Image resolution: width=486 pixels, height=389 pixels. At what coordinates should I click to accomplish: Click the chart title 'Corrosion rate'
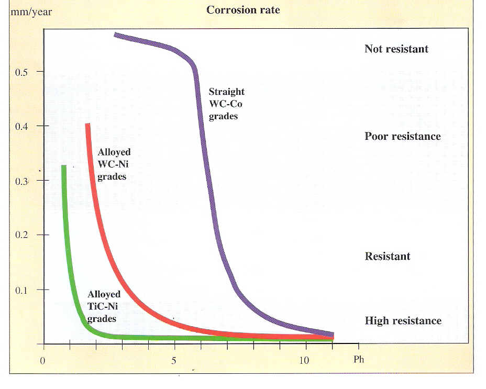[242, 10]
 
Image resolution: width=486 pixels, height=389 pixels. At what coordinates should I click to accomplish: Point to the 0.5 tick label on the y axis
[22, 71]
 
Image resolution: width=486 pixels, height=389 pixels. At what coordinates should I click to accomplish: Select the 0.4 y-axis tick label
[22, 126]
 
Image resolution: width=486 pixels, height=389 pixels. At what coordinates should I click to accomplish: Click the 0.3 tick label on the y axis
[22, 181]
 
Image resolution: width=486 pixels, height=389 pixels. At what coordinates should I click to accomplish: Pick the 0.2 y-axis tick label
[22, 235]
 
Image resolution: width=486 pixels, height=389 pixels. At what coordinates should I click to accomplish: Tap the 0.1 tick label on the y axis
[22, 290]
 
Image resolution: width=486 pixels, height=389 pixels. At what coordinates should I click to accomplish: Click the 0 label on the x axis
[43, 361]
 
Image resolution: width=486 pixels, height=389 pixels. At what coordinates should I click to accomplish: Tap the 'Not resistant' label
[396, 49]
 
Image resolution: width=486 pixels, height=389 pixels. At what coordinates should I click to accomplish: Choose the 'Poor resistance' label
[402, 137]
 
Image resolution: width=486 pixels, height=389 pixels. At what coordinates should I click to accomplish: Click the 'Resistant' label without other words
[387, 257]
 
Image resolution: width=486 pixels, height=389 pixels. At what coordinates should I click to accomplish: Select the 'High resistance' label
[403, 321]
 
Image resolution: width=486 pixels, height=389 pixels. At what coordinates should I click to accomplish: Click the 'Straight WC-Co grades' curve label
[226, 104]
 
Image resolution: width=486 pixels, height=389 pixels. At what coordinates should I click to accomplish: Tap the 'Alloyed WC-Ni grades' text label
[114, 164]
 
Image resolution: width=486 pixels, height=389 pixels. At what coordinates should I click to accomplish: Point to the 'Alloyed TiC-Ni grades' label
[104, 306]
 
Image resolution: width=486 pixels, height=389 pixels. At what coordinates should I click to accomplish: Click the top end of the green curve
[64, 166]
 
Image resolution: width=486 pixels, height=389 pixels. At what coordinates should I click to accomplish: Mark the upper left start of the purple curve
[115, 35]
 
